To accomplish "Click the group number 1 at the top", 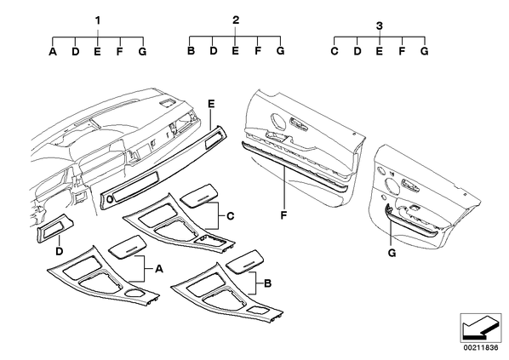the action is [98, 20].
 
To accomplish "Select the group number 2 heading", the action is [236, 20].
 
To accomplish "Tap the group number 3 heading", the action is [380, 26].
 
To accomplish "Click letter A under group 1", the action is [53, 52].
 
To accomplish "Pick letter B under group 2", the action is [191, 51].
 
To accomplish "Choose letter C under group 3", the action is [335, 51].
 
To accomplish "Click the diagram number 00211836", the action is [481, 348].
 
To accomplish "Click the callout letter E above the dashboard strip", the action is [211, 104].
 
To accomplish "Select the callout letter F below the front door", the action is [284, 215].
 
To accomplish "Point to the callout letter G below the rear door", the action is [392, 253].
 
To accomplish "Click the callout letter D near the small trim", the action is [59, 251].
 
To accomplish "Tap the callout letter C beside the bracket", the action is [230, 216].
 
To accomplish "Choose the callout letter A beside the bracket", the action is [158, 269].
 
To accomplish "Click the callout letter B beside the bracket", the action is [267, 283].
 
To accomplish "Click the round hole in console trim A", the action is [134, 293].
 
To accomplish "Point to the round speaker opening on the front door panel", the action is [278, 120].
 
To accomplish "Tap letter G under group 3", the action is [424, 51].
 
